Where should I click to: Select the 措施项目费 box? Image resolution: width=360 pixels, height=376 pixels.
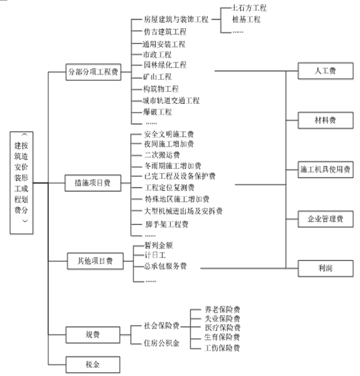93,181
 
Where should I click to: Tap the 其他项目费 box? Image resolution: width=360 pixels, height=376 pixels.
95,259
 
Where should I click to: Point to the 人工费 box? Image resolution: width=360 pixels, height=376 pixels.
325,70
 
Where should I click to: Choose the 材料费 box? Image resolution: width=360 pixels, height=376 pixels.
325,120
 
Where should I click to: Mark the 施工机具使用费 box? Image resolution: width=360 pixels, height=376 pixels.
325,169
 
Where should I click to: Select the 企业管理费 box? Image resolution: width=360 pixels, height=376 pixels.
325,218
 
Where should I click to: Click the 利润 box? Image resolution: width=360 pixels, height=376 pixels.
325,267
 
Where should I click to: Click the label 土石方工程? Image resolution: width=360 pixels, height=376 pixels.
248,8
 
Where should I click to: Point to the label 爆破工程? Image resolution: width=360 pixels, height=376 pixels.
158,111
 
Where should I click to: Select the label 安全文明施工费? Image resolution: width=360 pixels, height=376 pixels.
169,134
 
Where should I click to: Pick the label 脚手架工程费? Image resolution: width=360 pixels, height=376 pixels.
166,223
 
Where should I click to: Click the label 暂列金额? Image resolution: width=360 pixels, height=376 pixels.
158,245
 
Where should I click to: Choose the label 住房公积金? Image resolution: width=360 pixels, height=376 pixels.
162,343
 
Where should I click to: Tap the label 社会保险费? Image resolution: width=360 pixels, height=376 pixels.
162,326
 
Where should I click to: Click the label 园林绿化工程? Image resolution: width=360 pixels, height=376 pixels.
165,65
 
